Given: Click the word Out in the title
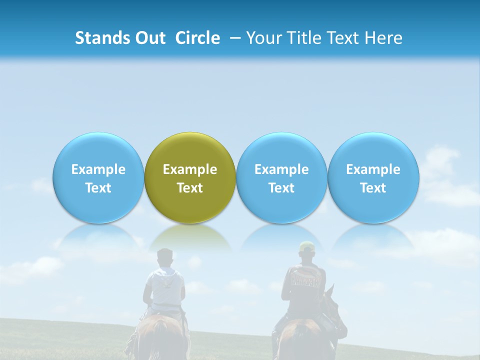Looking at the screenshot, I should [149, 38].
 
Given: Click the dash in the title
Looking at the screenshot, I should [233, 38].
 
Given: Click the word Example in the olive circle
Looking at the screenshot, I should [190, 169].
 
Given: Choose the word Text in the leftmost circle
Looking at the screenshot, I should [98, 188].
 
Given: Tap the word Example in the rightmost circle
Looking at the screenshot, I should [373, 169].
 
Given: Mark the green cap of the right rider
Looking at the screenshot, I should [306, 246].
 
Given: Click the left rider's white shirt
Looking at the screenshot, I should [164, 287].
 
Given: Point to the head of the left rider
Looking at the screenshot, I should [164, 257].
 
